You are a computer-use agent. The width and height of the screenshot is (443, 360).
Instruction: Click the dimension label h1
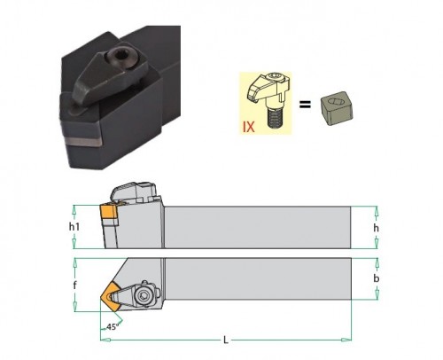tap(74, 227)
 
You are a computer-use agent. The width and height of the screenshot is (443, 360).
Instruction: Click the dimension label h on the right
tap(376, 228)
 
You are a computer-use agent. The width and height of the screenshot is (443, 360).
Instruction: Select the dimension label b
tap(377, 278)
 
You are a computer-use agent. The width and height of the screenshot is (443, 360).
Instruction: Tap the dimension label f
tap(75, 285)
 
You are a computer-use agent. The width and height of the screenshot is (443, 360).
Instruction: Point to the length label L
tap(226, 340)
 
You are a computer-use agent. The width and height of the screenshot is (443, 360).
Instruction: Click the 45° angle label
tap(113, 326)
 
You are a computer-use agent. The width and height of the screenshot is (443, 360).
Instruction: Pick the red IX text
tap(248, 127)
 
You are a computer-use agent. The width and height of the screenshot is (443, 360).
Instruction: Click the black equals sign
tap(305, 104)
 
